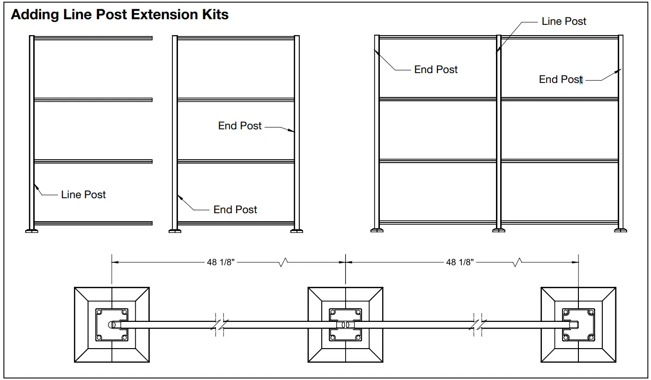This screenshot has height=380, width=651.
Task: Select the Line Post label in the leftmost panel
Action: [83, 194]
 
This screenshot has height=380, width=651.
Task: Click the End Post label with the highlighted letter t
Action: [561, 80]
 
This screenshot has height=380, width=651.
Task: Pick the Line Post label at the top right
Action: [564, 21]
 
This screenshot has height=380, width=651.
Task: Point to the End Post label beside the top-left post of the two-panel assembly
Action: [436, 69]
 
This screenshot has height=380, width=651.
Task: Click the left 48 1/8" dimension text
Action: [221, 262]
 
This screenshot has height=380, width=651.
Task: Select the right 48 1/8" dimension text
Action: [460, 262]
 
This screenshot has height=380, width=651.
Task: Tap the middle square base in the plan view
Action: [345, 324]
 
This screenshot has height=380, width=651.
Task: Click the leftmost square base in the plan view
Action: [112, 324]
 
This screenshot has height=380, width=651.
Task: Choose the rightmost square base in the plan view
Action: [578, 324]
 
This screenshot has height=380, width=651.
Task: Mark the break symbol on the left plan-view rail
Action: [219, 324]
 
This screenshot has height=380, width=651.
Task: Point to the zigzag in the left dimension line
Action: [283, 262]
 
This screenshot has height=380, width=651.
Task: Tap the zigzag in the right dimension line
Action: [518, 262]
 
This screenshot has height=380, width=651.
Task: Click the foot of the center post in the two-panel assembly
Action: [499, 230]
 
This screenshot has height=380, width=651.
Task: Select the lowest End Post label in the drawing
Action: [235, 209]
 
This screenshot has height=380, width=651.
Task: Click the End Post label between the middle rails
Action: [240, 126]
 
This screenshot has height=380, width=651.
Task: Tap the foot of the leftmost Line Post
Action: [31, 230]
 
